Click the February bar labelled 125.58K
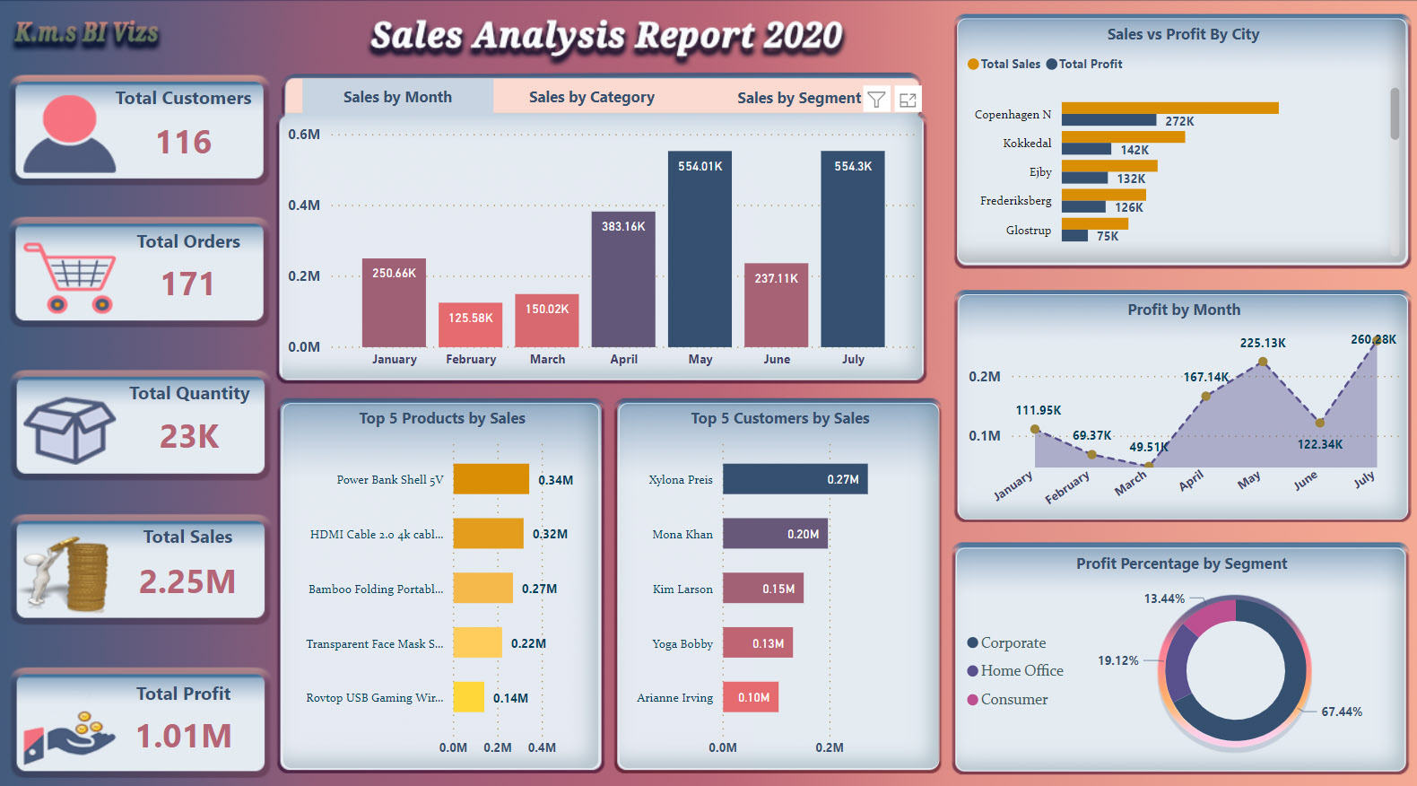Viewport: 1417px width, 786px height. pos(470,325)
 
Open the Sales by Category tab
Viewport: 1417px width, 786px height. pos(592,97)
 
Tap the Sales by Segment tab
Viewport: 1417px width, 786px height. pos(798,98)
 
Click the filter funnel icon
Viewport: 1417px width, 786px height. pos(877,100)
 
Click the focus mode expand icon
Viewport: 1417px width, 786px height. pos(908,100)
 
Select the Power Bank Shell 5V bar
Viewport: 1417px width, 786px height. pos(491,479)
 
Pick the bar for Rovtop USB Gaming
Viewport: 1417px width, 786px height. pos(468,697)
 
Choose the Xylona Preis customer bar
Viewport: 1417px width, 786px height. pos(795,479)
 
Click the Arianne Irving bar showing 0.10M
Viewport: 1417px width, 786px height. pos(751,697)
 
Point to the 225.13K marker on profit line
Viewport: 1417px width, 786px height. pos(1263,362)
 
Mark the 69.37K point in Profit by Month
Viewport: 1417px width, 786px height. pos(1091,454)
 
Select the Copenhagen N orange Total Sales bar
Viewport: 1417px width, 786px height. pos(1169,108)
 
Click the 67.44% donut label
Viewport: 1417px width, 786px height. pos(1341,712)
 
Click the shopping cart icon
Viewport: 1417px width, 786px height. pos(70,277)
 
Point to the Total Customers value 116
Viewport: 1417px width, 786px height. pos(184,142)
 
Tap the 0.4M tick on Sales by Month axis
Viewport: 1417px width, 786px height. pos(304,205)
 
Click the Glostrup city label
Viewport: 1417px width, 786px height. pos(1028,231)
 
